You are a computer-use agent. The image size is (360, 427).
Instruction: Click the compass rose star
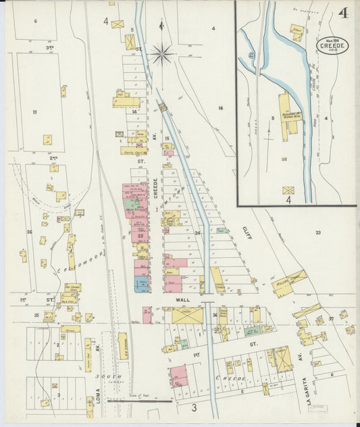162,53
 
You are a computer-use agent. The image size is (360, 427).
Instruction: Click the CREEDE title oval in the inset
331,45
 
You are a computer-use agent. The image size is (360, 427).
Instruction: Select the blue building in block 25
141,286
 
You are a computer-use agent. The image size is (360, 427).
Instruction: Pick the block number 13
34,111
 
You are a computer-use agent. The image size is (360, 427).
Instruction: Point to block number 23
317,232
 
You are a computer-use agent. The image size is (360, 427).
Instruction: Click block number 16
220,107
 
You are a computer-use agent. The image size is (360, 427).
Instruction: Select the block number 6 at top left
35,21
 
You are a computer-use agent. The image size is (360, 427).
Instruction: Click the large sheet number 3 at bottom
193,407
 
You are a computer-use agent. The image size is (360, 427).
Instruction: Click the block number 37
332,318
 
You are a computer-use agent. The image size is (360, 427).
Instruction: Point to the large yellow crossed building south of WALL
187,316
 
